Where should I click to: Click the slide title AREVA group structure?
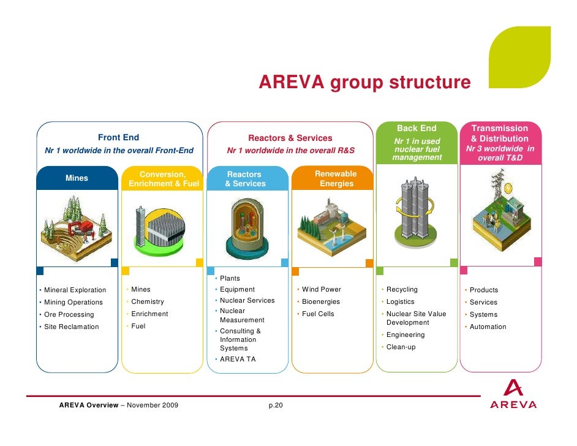coord(364,82)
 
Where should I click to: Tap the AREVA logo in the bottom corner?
coord(513,396)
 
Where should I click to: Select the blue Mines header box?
coord(77,178)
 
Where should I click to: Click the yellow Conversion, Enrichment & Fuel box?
coord(164,179)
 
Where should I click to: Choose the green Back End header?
coord(417,142)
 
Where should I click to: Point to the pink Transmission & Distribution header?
coord(500,142)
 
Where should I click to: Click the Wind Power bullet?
coord(322,289)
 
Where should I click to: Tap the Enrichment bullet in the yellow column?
coord(149,314)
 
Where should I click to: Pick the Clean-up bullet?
coord(401,347)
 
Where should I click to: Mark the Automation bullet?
coord(488,327)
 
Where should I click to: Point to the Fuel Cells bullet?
coord(318,314)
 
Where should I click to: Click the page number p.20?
coord(276,406)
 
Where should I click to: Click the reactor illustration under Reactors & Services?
coord(247,228)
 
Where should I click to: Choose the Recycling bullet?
coord(402,289)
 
